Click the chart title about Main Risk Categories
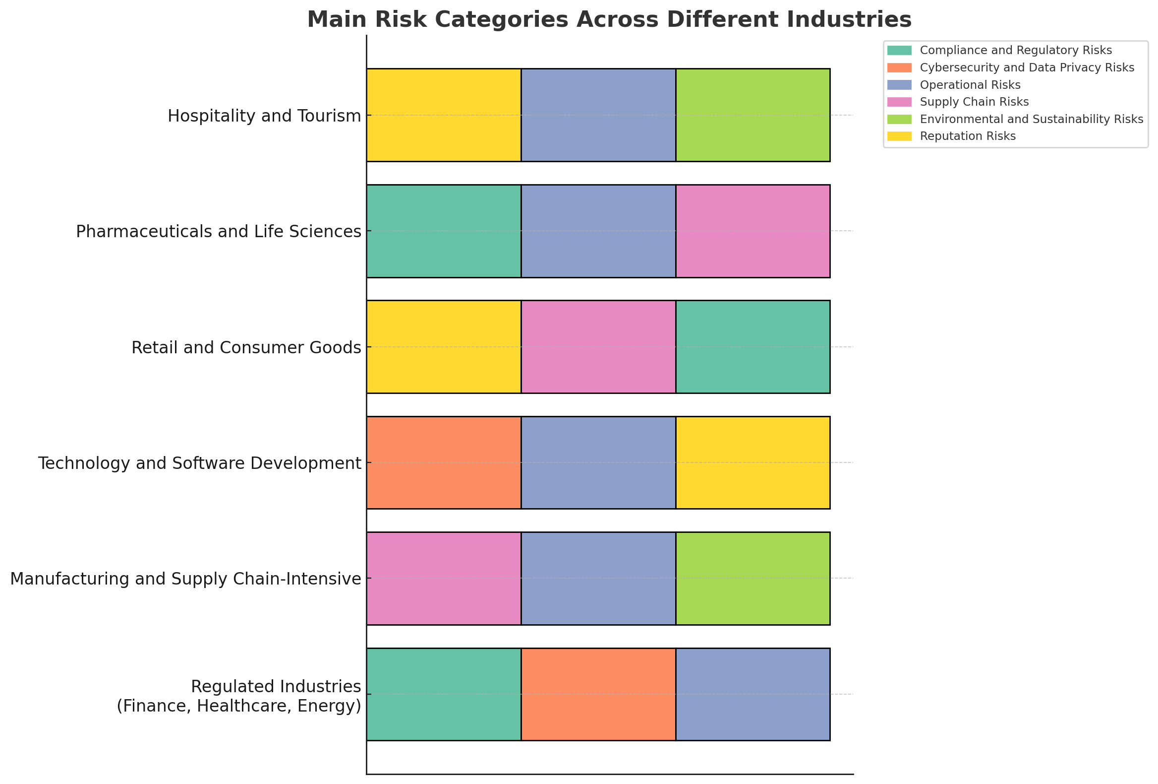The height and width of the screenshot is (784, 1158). (609, 20)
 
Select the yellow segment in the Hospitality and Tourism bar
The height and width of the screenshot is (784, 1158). (444, 115)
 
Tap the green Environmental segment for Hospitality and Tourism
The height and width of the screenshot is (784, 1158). (753, 115)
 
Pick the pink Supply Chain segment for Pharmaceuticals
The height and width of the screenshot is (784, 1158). (753, 231)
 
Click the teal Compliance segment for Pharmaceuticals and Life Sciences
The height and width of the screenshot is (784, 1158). (444, 231)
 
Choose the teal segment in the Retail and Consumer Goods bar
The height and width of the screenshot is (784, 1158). (753, 347)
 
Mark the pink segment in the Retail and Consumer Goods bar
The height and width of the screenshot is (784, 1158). (598, 347)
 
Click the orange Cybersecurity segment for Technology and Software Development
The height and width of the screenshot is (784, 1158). (444, 462)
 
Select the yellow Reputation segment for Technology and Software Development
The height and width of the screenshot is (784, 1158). (753, 462)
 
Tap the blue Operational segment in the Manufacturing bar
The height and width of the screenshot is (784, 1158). (598, 578)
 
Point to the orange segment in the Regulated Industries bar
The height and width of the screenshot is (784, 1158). (598, 694)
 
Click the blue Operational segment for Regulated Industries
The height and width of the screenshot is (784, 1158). (753, 694)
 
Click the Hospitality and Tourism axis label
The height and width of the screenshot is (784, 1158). (264, 116)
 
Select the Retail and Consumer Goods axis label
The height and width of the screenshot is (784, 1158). (246, 347)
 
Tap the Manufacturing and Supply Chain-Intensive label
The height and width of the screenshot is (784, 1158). (185, 579)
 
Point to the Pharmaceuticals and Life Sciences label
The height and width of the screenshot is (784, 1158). (218, 231)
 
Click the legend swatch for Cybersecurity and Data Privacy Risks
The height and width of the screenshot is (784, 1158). (899, 67)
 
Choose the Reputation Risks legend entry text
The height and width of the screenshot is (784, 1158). (968, 136)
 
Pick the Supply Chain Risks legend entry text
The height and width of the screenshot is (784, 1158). (974, 102)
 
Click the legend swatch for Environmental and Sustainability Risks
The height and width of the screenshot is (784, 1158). (899, 119)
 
